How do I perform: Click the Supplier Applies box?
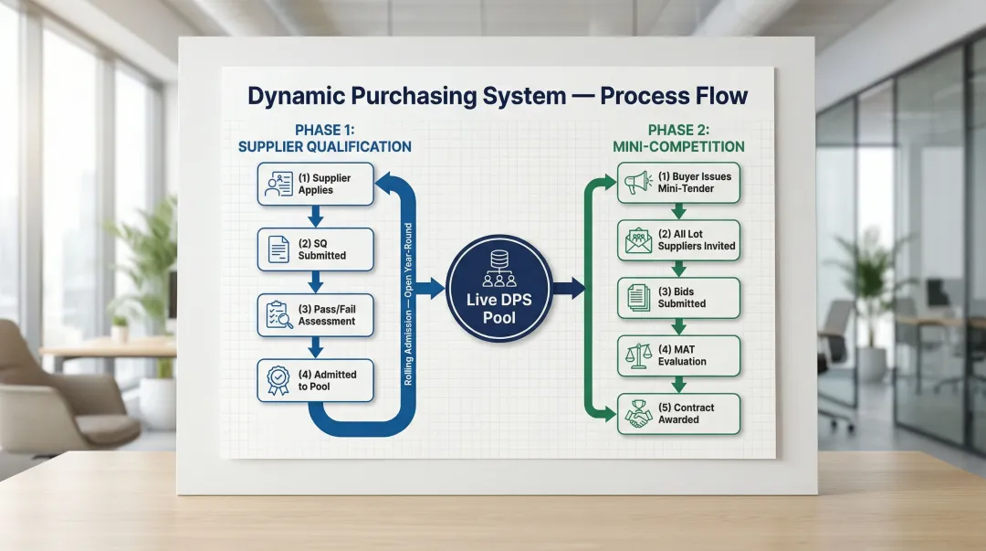coord(315,184)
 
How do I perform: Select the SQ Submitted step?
coord(315,249)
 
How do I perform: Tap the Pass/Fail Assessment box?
coord(315,315)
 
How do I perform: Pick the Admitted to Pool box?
coord(315,380)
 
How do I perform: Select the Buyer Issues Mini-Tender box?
coord(678,182)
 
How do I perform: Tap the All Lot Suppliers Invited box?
coord(678,240)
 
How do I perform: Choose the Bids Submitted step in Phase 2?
coord(678,298)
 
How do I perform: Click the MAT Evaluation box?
coord(678,355)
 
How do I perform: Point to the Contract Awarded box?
coord(678,413)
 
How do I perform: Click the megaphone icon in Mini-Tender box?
coord(637,183)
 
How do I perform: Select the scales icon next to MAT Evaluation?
coord(637,355)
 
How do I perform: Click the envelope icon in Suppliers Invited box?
coord(637,241)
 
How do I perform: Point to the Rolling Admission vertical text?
coord(408,302)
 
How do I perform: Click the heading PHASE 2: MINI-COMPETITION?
coord(678,138)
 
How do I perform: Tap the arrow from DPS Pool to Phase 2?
coord(568,290)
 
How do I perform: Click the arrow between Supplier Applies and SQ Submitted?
coord(315,217)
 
